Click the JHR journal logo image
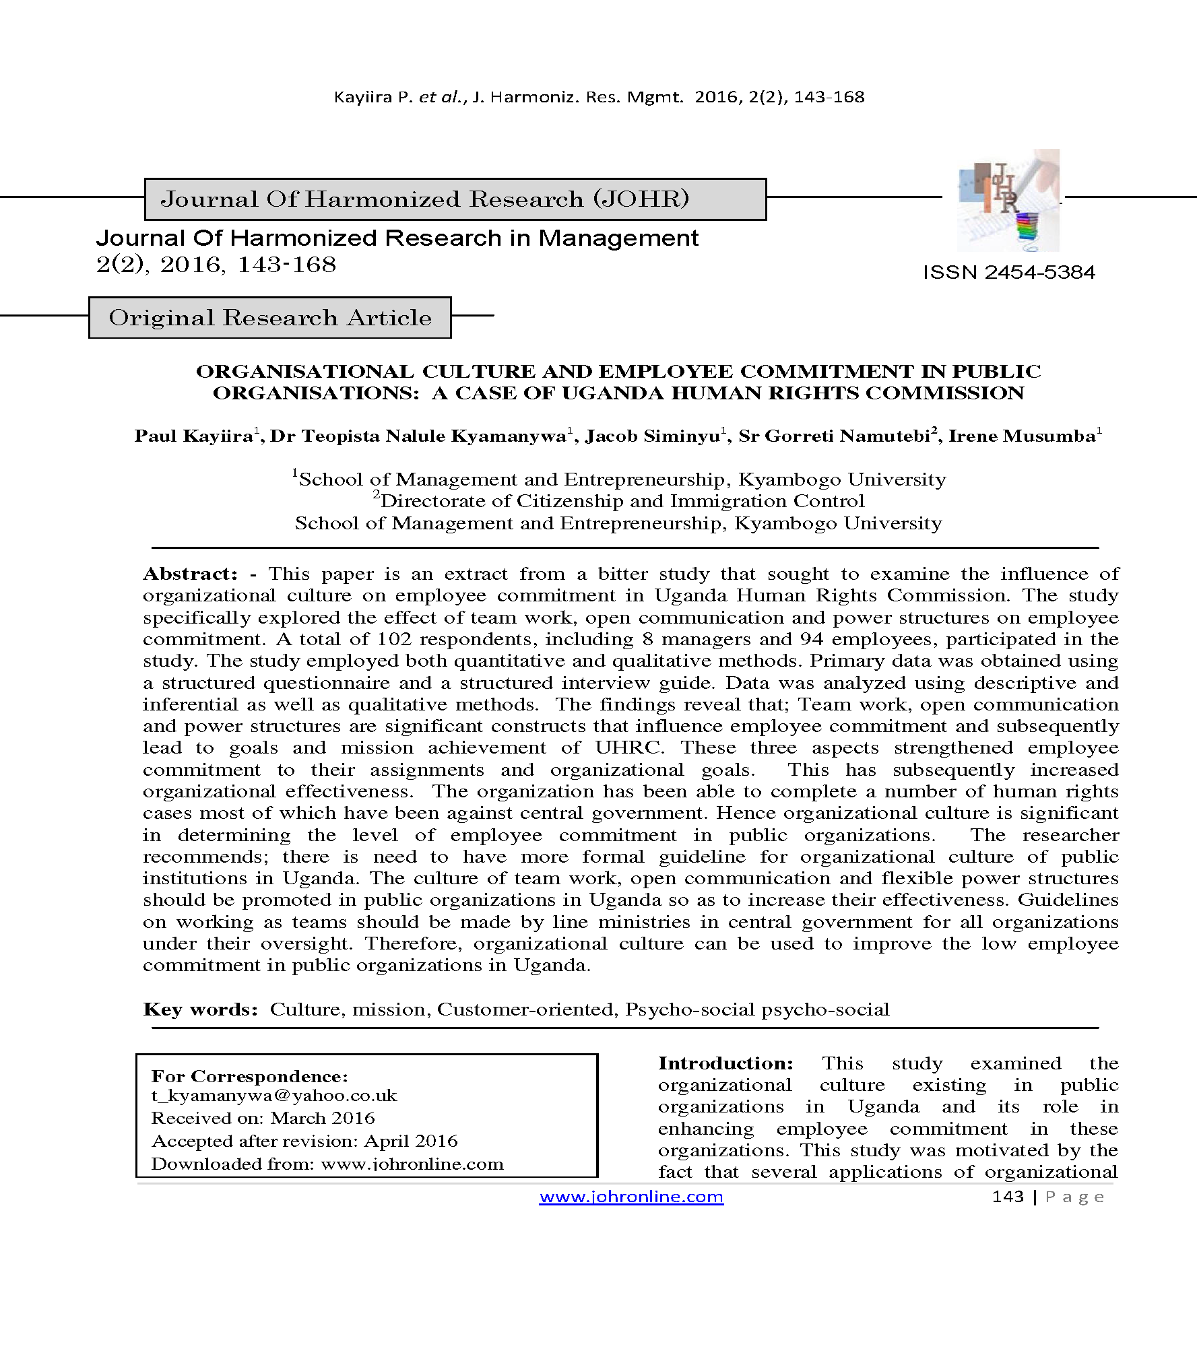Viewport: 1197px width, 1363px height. (1008, 201)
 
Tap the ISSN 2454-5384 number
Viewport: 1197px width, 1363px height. (1008, 272)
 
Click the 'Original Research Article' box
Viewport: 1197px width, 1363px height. (270, 317)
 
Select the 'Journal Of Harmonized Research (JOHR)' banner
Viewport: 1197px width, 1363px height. (455, 199)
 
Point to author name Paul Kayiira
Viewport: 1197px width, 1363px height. (193, 436)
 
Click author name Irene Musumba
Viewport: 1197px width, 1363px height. (1021, 436)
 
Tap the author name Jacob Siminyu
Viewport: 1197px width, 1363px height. (652, 436)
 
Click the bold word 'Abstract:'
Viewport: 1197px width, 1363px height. (190, 574)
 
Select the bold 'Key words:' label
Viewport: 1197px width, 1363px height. (200, 1009)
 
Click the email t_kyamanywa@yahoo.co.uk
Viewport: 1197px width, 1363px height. (274, 1096)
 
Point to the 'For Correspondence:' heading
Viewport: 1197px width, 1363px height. (249, 1076)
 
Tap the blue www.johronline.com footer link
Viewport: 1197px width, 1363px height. (631, 1197)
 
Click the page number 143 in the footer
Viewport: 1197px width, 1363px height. (1007, 1197)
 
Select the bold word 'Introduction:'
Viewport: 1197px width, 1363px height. (725, 1063)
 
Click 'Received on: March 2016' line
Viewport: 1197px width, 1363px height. (263, 1119)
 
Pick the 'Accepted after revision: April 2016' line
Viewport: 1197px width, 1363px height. (304, 1141)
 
